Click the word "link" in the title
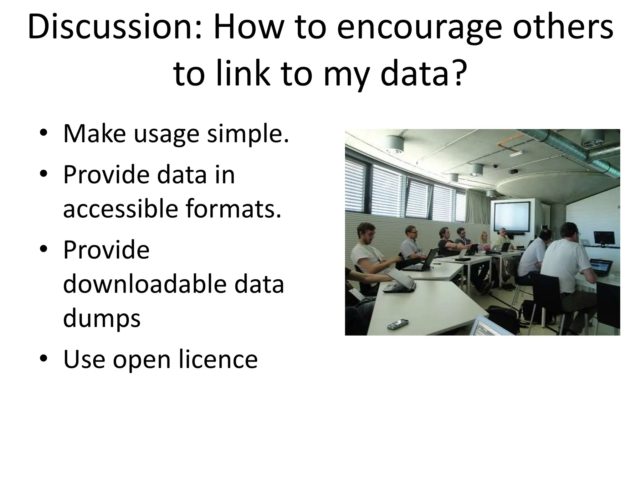click(243, 74)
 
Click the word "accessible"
click(121, 209)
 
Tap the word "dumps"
click(102, 319)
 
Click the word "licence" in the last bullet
click(218, 359)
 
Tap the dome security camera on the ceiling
click(495, 166)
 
